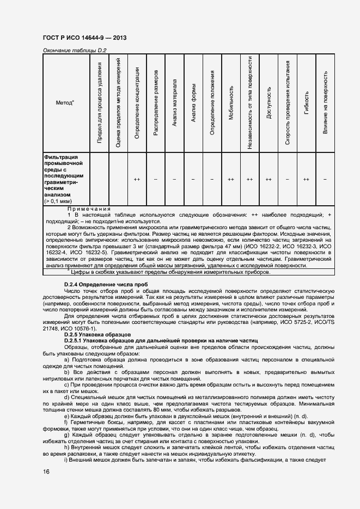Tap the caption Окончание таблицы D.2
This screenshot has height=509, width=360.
tap(74, 51)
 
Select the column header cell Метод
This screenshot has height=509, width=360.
tap(65, 102)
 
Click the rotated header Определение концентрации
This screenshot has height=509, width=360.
tap(137, 102)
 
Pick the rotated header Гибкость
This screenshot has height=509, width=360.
tap(306, 103)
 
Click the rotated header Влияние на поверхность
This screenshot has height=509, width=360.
tap(325, 103)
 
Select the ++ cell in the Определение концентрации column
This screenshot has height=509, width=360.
tap(137, 179)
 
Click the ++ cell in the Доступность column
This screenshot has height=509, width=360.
tap(269, 179)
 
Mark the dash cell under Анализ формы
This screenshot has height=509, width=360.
tap(193, 179)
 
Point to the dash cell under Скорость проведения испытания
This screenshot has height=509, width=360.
tap(288, 179)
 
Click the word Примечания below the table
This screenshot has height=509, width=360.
tap(89, 208)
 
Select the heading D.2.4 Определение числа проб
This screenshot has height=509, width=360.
tap(106, 285)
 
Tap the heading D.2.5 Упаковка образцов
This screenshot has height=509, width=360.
tap(97, 334)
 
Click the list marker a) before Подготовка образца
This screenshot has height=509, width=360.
tap(66, 360)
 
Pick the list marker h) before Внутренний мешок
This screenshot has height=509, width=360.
tap(66, 446)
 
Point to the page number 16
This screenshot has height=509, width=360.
tap(47, 471)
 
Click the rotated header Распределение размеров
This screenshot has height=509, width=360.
tap(156, 102)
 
